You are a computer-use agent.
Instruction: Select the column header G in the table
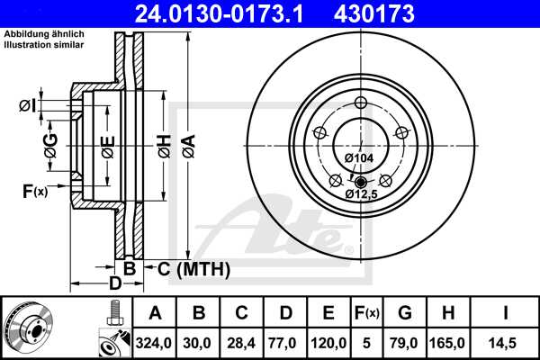pyautogui.click(x=404, y=312)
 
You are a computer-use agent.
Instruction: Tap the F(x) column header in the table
pyautogui.click(x=366, y=312)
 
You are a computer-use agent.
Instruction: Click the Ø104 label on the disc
pyautogui.click(x=359, y=158)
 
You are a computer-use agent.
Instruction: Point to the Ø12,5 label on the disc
pyautogui.click(x=361, y=193)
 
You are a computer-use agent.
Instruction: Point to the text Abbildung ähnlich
pyautogui.click(x=38, y=34)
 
